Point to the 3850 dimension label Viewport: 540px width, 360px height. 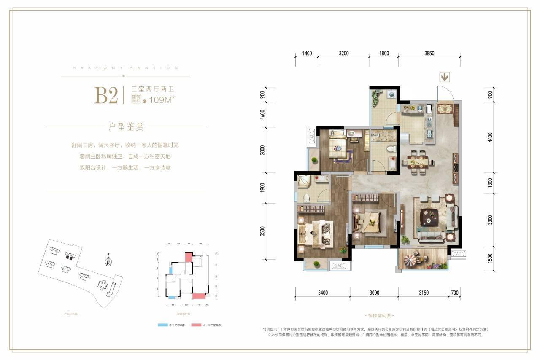pos(429,54)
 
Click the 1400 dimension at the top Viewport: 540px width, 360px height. pos(307,54)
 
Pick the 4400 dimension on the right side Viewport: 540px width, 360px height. pos(490,138)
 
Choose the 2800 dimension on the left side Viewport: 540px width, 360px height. pos(262,150)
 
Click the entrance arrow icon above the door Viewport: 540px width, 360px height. pos(445,77)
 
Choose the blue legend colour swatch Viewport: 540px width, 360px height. pos(162,325)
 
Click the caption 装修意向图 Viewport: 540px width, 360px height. pos(377,315)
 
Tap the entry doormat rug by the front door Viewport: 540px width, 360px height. pos(445,108)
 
